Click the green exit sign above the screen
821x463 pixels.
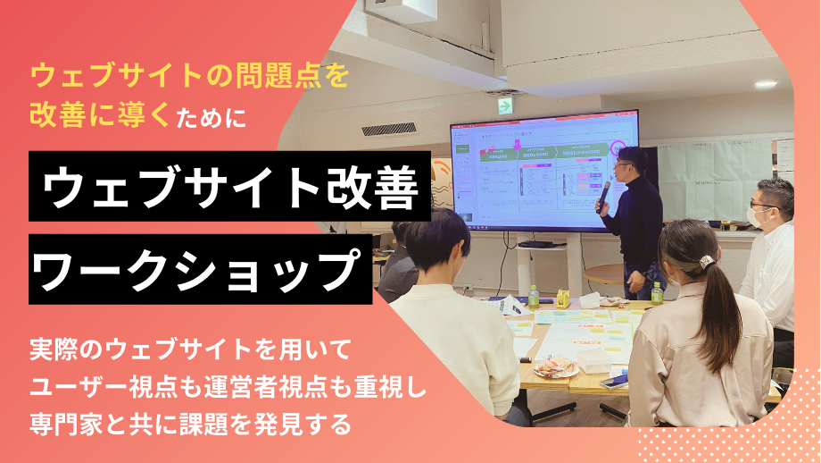(x=505, y=105)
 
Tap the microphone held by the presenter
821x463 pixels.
(x=604, y=190)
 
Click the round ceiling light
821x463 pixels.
(x=766, y=84)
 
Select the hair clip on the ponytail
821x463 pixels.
(x=707, y=262)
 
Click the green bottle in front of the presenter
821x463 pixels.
(x=657, y=292)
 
